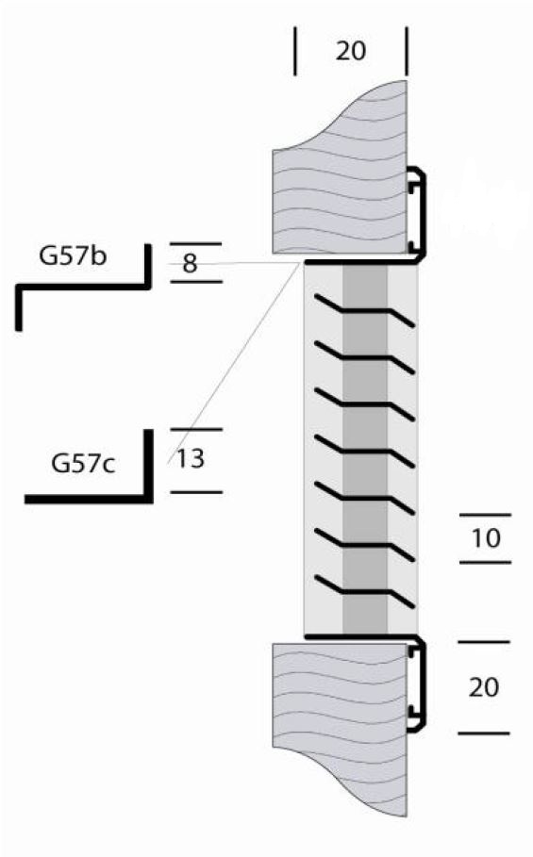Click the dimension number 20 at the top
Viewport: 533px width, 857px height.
coord(350,51)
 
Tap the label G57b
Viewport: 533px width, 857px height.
coord(73,256)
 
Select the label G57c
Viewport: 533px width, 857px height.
coord(83,464)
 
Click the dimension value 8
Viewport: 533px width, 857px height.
coord(190,264)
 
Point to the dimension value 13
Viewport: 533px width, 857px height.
coord(191,458)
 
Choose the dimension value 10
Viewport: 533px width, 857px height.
coord(486,539)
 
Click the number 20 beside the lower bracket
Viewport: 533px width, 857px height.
coord(484,687)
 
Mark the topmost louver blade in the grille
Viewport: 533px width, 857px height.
coord(365,311)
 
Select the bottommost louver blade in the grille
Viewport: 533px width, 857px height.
coord(365,592)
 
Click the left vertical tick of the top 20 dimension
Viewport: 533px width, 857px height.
coord(296,51)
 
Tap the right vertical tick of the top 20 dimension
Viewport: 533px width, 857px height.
coord(407,51)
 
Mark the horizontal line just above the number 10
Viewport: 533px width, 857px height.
coord(485,515)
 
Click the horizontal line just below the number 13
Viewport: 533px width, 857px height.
coord(196,492)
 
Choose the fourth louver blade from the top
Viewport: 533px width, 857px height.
coord(365,452)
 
